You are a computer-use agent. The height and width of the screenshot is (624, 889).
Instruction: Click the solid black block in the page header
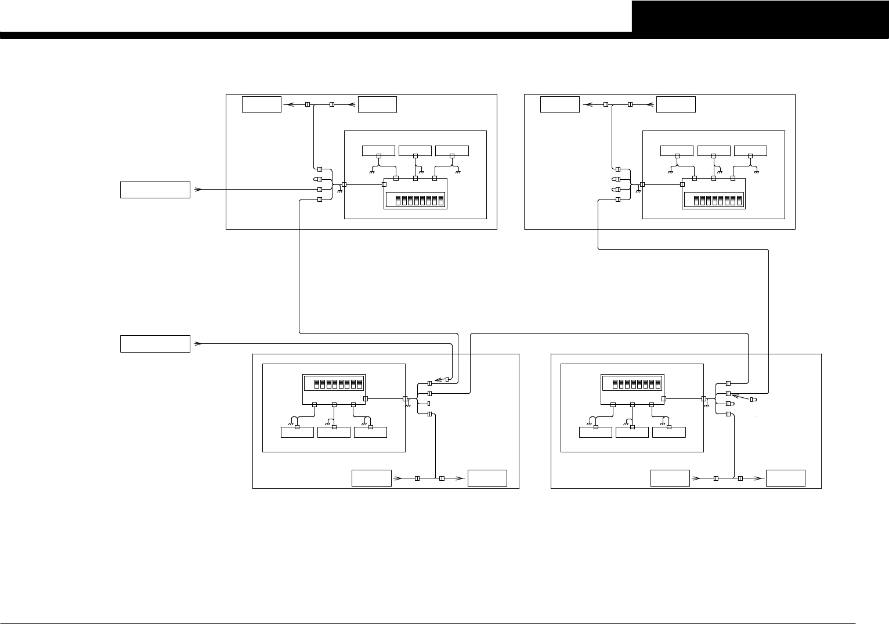tap(760, 16)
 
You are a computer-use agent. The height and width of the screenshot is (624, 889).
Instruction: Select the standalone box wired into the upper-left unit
tap(155, 190)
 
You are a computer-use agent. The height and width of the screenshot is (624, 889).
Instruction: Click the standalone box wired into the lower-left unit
tap(155, 343)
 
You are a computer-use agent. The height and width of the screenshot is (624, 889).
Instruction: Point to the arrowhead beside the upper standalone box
tap(198, 190)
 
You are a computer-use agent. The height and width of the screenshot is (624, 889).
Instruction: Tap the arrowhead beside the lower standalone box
tap(198, 343)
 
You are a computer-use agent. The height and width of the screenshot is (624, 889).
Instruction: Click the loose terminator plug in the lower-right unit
tap(753, 400)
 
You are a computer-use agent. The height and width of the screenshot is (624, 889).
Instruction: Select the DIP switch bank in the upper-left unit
tap(415, 200)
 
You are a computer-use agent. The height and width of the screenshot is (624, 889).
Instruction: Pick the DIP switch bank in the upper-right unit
tap(713, 200)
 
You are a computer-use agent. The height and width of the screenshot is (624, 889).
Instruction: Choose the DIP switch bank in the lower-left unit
tap(334, 383)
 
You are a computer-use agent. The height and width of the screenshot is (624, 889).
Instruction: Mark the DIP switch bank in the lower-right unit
tap(633, 383)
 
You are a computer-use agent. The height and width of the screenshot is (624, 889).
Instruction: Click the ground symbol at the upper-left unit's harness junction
tap(339, 190)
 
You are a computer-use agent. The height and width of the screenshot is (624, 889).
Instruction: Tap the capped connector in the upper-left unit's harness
tap(318, 179)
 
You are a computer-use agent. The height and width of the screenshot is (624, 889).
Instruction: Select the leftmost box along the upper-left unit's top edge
tap(262, 104)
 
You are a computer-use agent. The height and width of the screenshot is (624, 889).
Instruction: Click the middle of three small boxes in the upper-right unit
tap(714, 151)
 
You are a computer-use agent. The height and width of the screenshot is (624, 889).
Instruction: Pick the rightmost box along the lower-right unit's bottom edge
tap(786, 478)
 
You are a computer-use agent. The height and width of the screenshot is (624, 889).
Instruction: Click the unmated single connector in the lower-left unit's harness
tap(428, 403)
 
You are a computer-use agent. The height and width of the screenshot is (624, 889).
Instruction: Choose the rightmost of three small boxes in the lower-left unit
tap(370, 432)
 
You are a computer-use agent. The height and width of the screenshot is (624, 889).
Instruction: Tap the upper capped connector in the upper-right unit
tap(617, 179)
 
